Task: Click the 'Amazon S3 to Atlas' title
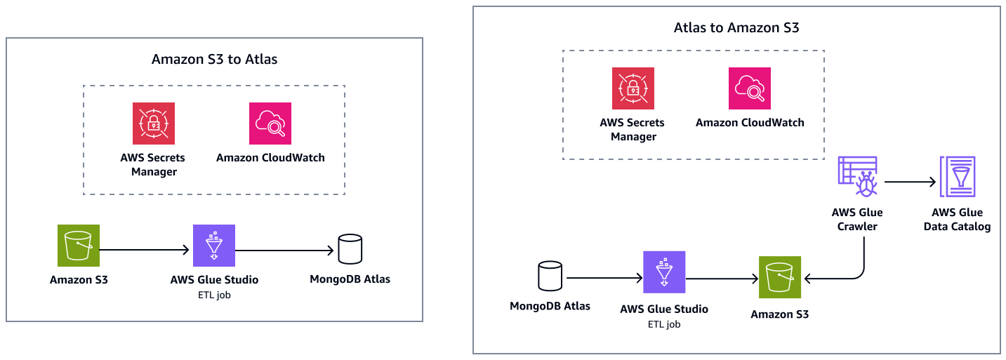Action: [x=214, y=60]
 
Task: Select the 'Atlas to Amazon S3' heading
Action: [x=736, y=28]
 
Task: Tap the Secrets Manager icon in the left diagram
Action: [x=154, y=124]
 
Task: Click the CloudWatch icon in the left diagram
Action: [x=270, y=124]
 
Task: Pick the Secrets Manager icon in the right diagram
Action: [x=633, y=89]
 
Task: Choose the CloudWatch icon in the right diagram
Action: [x=750, y=89]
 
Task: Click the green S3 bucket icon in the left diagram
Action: [x=79, y=246]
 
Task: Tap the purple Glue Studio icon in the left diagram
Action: [x=214, y=246]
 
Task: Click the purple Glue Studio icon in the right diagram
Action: [x=664, y=272]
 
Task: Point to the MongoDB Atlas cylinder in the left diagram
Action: [x=350, y=248]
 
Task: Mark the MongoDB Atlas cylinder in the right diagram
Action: [x=550, y=276]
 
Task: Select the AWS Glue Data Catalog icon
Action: [x=958, y=178]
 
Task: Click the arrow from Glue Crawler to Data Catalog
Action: [x=911, y=182]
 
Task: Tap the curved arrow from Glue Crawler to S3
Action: [x=861, y=267]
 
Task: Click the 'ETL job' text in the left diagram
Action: [x=214, y=295]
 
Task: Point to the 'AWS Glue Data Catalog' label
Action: [x=958, y=219]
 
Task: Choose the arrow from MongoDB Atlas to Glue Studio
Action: [x=604, y=279]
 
